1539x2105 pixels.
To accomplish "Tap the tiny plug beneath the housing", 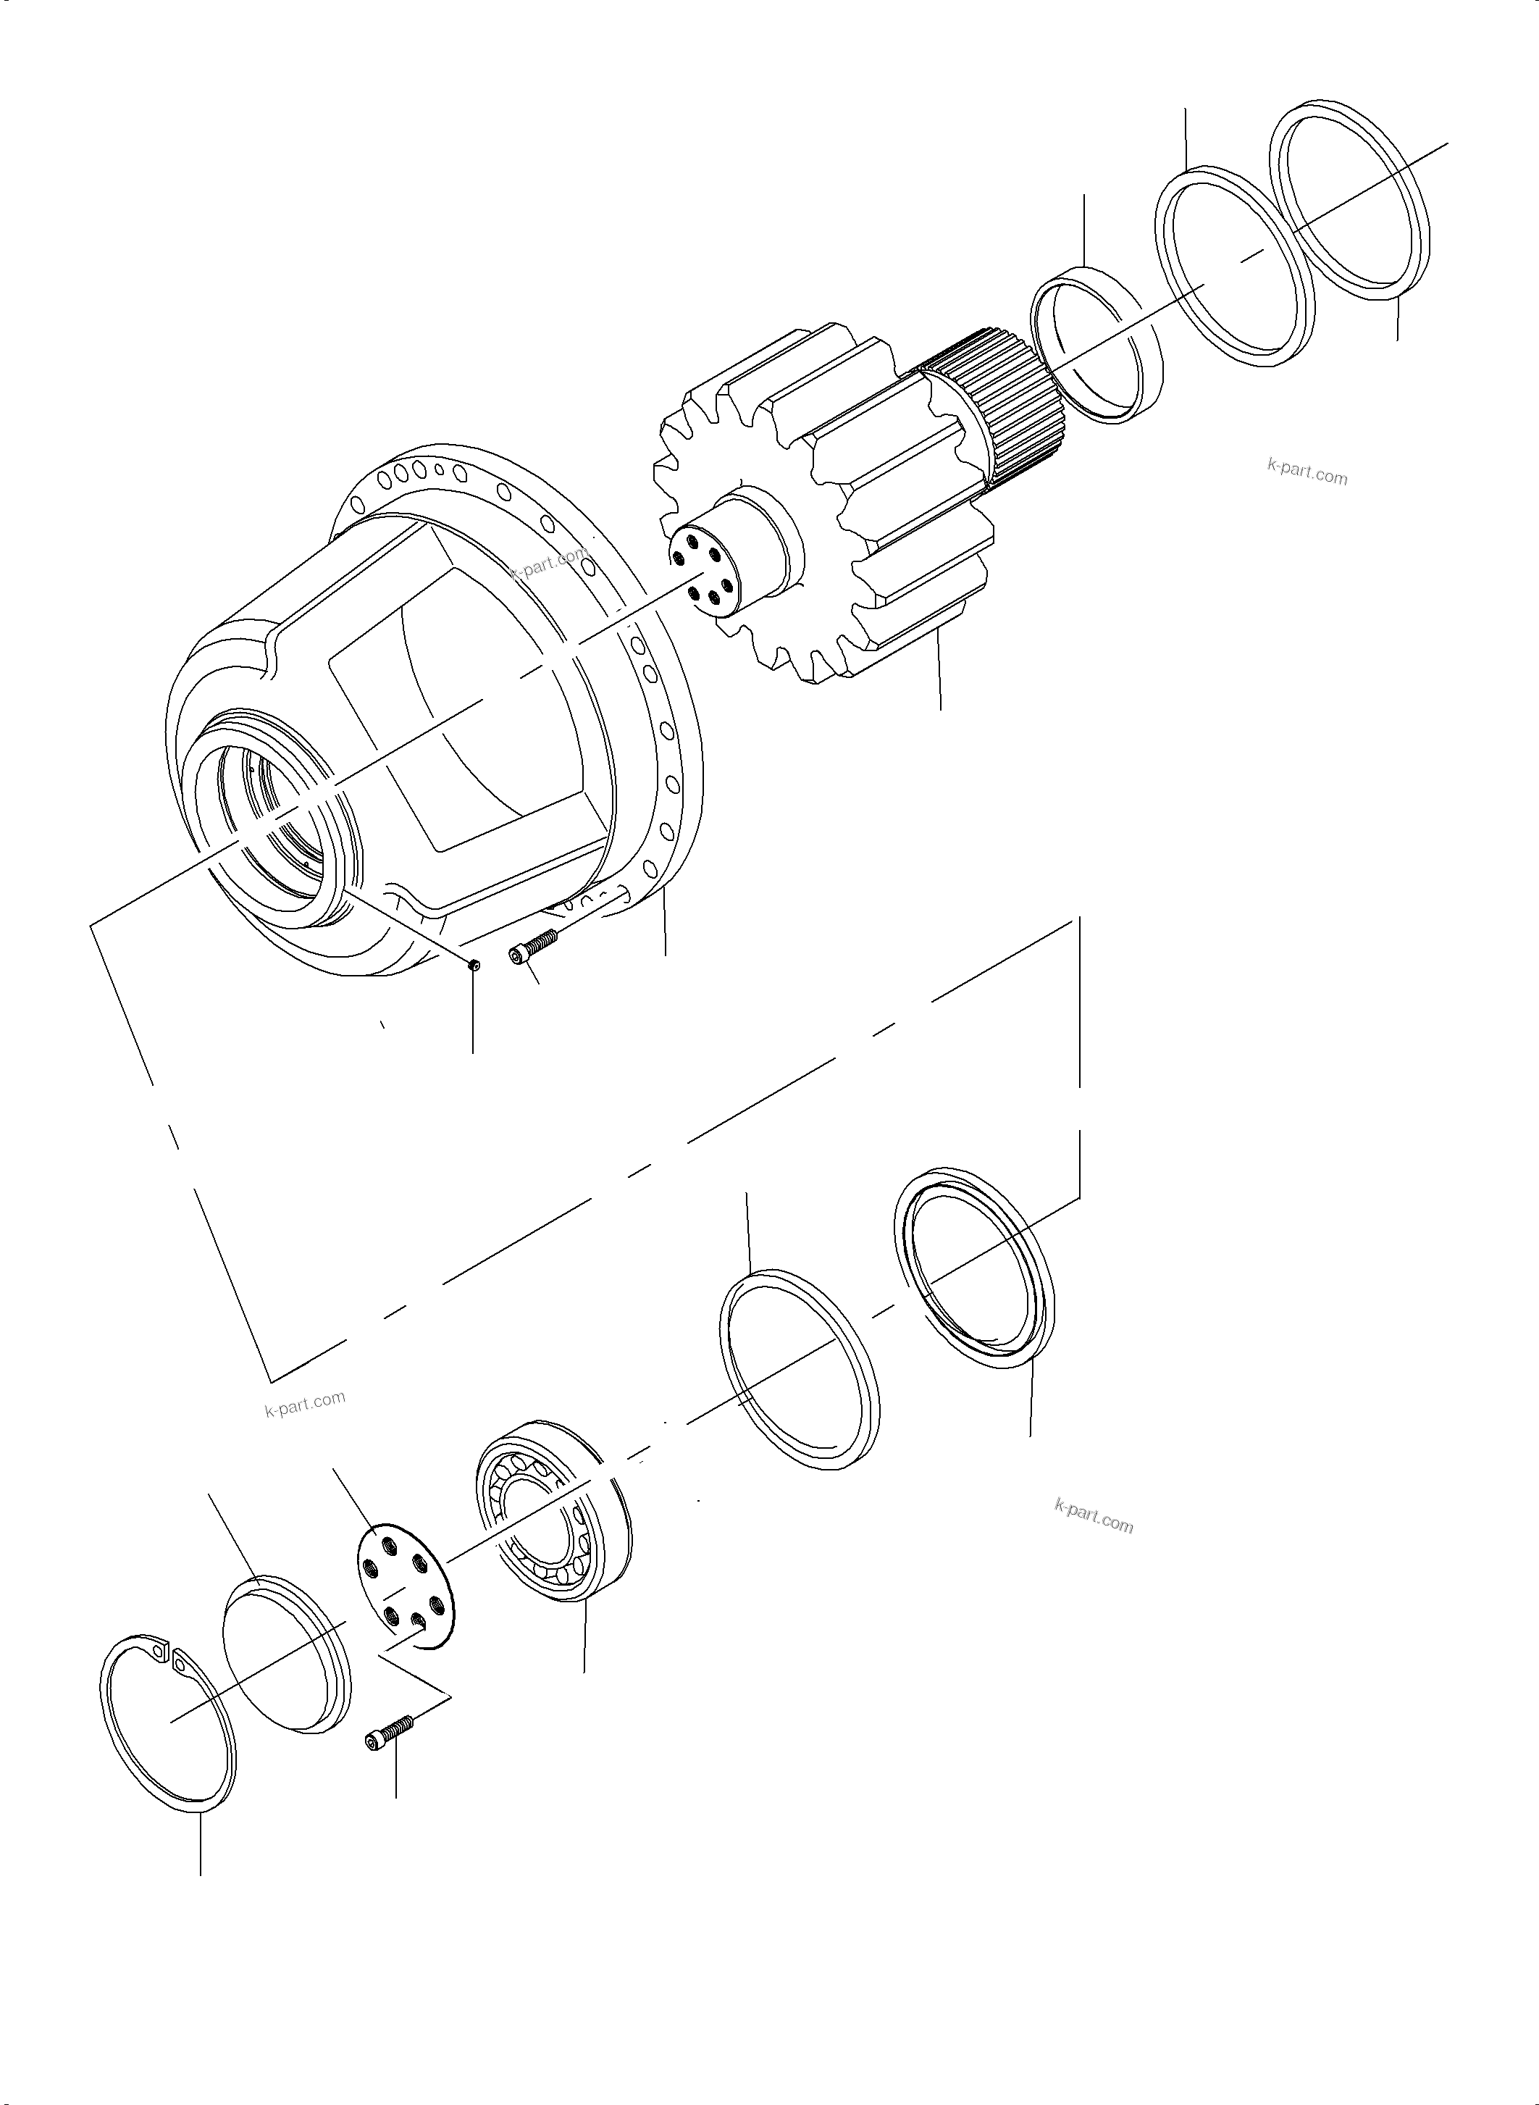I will pyautogui.click(x=473, y=966).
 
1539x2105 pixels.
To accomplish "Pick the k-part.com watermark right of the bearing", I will pyautogui.click(x=1094, y=1519).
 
